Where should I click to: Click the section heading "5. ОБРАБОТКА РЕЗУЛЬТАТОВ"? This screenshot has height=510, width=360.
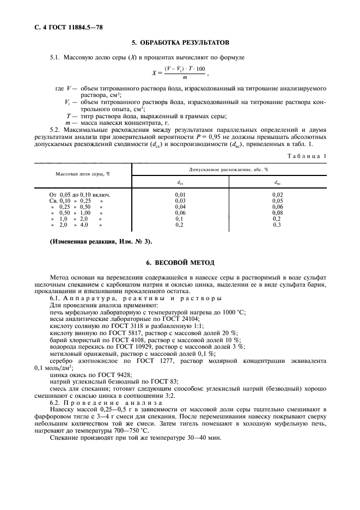click(180, 42)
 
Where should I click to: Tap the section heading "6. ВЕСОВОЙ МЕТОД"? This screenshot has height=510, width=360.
click(180, 262)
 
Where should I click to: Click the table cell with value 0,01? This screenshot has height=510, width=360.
click(180, 194)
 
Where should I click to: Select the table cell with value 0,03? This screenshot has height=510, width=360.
click(180, 201)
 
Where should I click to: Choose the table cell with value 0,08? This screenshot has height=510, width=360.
click(277, 213)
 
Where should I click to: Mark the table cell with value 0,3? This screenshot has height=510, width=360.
click(277, 225)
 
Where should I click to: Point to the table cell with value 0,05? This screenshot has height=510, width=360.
click(277, 201)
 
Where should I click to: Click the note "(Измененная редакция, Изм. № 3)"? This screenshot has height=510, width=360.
click(101, 241)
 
